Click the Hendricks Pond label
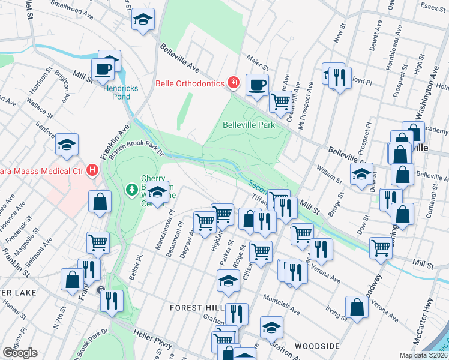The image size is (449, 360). [121, 92]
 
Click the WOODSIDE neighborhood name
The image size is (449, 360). [317, 346]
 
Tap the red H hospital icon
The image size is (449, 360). [92, 171]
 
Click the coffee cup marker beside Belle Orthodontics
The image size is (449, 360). [257, 85]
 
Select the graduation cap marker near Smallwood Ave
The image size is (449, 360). [143, 19]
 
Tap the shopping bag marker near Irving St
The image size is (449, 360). [357, 308]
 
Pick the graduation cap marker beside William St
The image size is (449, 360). [361, 175]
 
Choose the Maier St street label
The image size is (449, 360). [258, 61]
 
